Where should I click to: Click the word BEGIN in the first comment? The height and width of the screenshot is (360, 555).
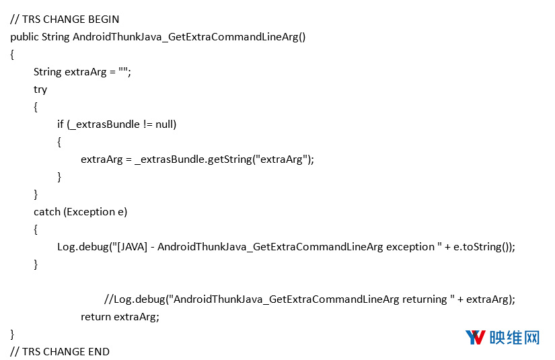(x=104, y=19)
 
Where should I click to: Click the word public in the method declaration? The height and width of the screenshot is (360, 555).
(x=24, y=37)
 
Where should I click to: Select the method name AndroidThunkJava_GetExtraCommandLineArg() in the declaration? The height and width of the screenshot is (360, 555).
(x=189, y=37)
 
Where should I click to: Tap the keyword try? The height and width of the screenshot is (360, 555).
(x=40, y=89)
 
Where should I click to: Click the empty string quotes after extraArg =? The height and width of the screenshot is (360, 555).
(x=123, y=71)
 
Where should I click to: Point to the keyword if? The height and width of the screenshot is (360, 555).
(x=61, y=124)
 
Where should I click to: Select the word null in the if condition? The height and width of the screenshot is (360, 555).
(x=164, y=124)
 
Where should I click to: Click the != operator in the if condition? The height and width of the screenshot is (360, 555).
(x=148, y=124)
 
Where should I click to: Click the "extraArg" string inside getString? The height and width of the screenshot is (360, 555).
(x=282, y=159)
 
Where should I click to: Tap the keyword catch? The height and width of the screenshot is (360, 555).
(x=47, y=212)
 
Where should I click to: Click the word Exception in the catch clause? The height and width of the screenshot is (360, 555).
(x=91, y=212)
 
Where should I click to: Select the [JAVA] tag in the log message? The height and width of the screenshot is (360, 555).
(x=132, y=247)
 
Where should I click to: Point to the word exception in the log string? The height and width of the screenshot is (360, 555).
(x=410, y=247)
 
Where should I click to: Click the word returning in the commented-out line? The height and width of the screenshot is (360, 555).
(x=424, y=299)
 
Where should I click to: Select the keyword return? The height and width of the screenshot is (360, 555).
(x=96, y=317)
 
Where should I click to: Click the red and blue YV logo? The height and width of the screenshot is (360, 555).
(x=475, y=337)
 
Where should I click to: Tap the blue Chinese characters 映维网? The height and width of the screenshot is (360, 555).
(x=515, y=338)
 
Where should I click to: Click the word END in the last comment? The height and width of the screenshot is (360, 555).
(x=99, y=351)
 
